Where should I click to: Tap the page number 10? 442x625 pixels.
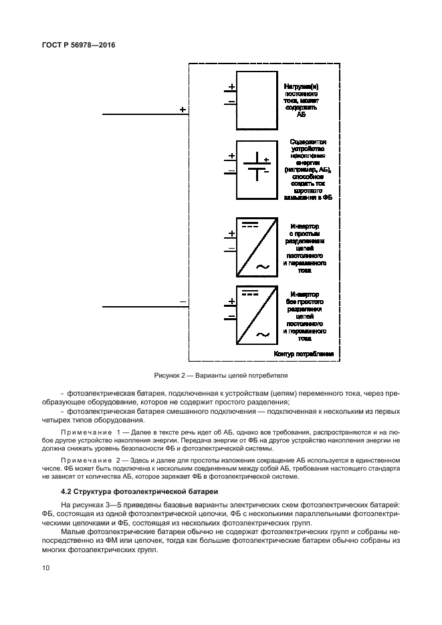[x=45, y=568]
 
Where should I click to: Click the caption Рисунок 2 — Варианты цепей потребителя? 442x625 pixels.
[x=221, y=375]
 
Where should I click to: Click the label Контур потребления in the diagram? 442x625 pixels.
[x=304, y=354]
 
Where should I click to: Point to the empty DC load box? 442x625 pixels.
[x=256, y=98]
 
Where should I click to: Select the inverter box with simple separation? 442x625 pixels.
[x=256, y=247]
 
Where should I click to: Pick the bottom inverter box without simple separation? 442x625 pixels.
[x=256, y=316]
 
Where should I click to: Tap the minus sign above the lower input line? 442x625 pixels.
[x=183, y=302]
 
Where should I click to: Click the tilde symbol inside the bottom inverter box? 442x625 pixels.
[x=262, y=335]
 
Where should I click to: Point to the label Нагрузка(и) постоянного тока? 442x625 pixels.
[x=305, y=100]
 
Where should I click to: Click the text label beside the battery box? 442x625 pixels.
[x=308, y=170]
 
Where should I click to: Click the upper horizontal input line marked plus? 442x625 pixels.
[x=145, y=115]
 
